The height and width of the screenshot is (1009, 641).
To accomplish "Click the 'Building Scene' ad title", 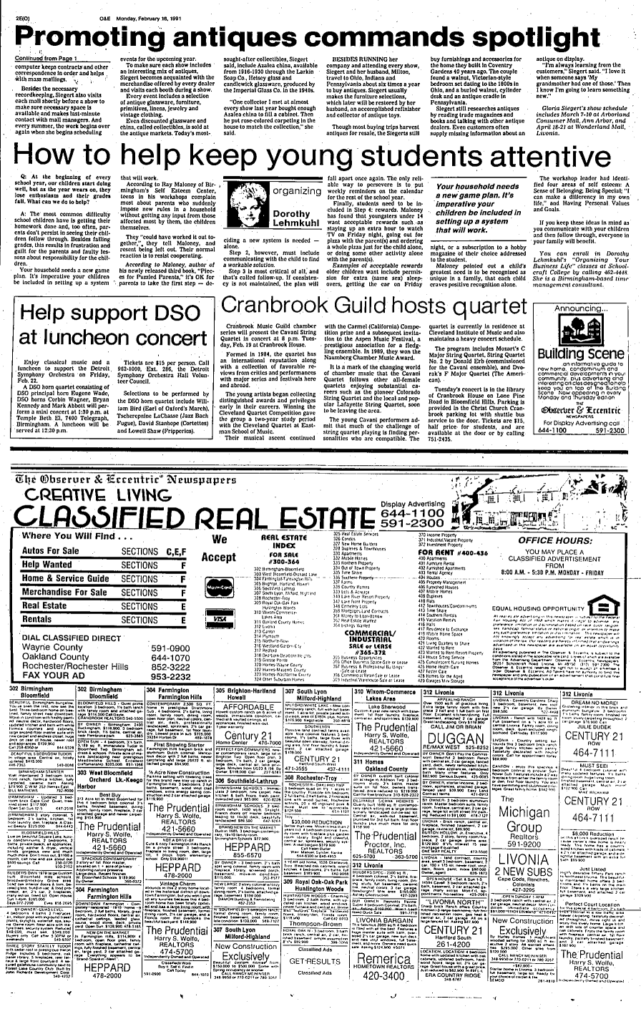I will (x=581, y=332).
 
